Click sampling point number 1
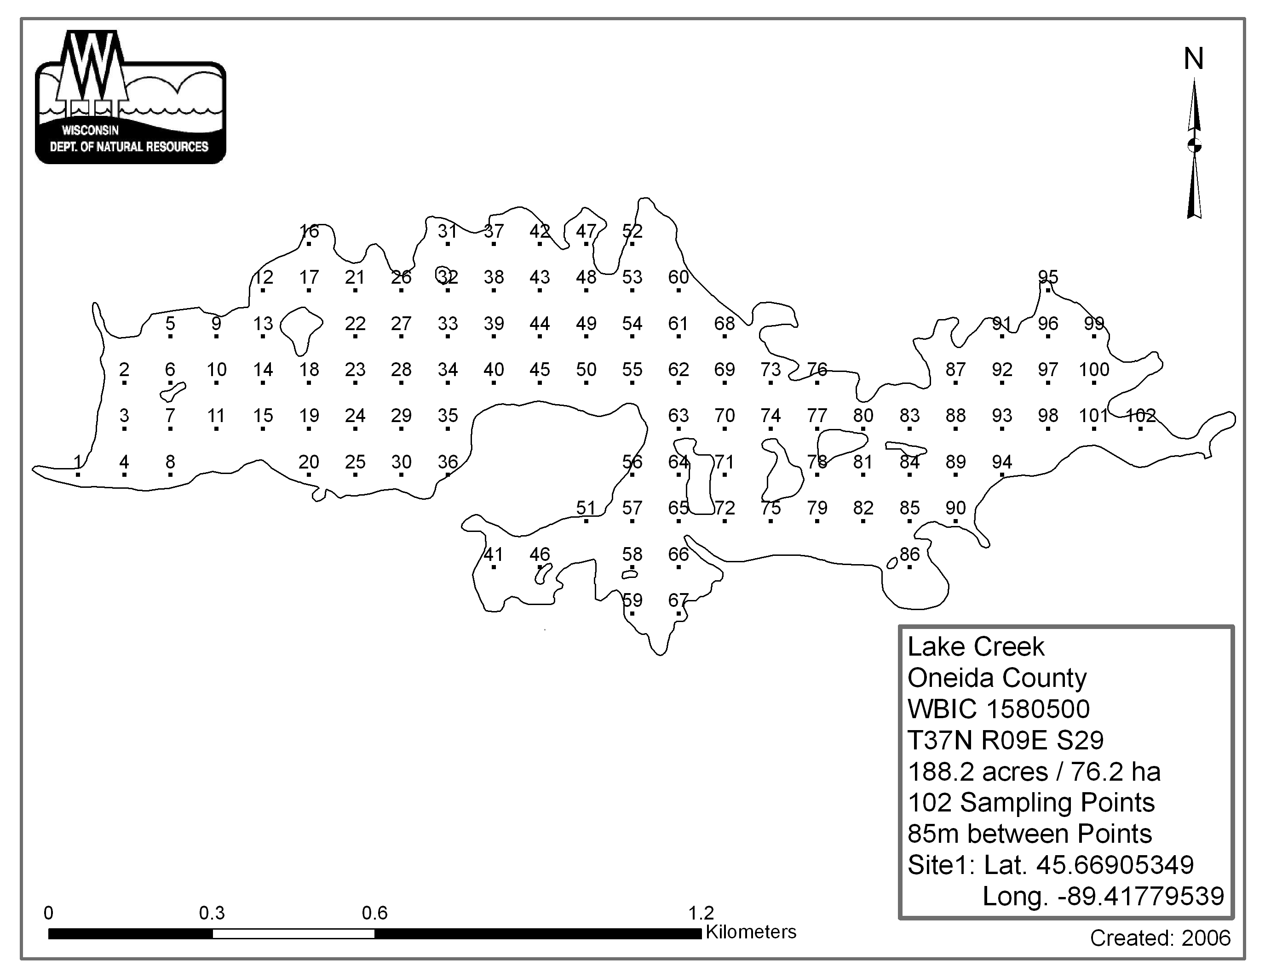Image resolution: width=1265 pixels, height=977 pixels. point(78,462)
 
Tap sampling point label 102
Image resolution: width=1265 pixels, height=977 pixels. point(1140,416)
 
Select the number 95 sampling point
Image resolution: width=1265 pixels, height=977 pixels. point(1048,277)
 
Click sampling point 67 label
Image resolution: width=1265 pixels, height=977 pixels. point(678,600)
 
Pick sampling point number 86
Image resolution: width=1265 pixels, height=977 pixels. point(909,554)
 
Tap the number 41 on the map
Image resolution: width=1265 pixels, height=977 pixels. point(494,554)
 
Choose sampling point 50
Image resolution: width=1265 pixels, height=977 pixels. point(586,369)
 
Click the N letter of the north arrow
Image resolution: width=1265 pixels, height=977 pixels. point(1194,59)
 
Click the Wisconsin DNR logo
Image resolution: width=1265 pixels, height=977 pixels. point(130,97)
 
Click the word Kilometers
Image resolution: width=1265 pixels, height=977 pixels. point(751,932)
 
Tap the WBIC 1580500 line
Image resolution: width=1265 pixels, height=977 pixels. point(999,709)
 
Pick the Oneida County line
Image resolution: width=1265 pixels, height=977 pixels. point(997,678)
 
